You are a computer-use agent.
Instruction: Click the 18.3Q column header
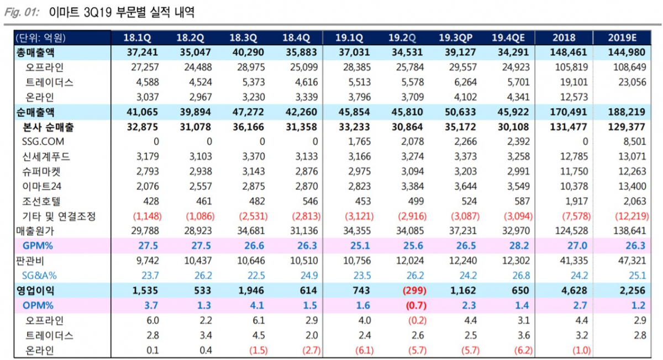coord(243,38)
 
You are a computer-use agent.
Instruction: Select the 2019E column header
coord(622,38)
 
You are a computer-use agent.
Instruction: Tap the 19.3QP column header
coord(456,38)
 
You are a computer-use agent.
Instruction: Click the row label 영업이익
coord(35,290)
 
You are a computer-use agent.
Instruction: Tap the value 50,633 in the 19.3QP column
coord(456,112)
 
